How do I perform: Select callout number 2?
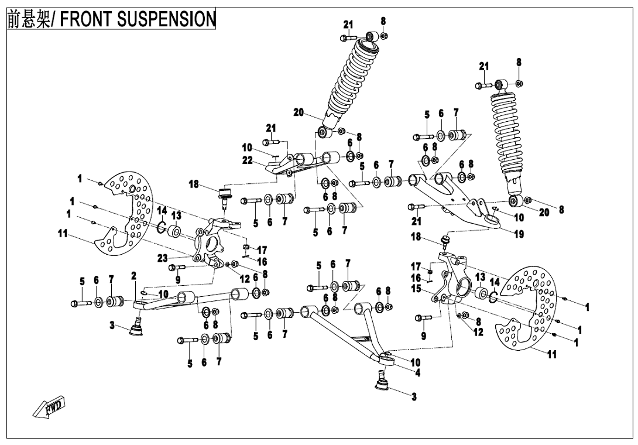tap(133, 275)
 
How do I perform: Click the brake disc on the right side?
tap(527, 307)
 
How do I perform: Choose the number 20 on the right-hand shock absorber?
tap(544, 213)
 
